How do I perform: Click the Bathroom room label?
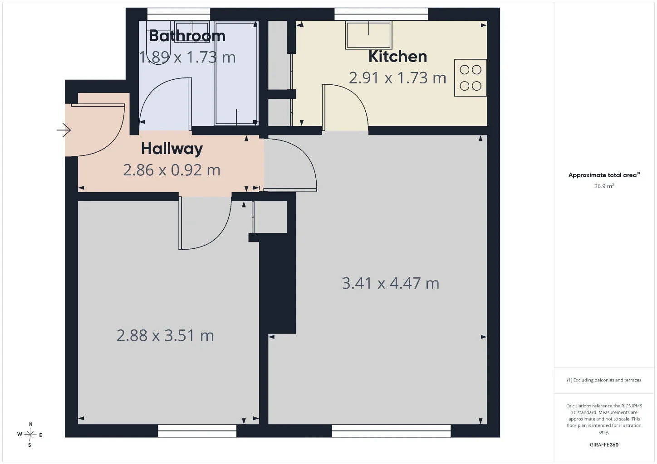click(x=187, y=36)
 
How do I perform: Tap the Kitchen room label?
click(x=397, y=57)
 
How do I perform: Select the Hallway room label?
click(x=172, y=149)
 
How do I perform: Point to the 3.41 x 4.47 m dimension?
click(x=390, y=284)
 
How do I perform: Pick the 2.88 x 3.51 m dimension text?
click(x=165, y=336)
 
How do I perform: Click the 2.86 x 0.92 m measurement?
click(x=172, y=170)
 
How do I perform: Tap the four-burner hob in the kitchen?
click(x=471, y=78)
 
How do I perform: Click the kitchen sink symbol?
click(x=369, y=35)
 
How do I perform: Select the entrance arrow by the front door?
click(x=64, y=130)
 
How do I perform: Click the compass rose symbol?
click(x=29, y=435)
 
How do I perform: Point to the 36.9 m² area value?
click(x=604, y=186)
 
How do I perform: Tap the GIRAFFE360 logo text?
click(x=604, y=445)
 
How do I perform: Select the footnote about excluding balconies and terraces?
click(x=604, y=380)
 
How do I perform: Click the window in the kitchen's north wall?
click(x=381, y=14)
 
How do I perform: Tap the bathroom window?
click(x=179, y=14)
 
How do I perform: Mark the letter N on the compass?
click(x=30, y=424)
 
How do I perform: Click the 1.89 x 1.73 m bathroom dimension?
click(x=187, y=58)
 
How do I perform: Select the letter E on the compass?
click(x=40, y=435)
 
